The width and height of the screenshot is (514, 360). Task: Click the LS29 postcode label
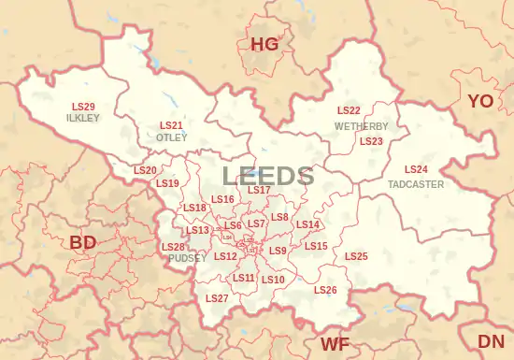pyautogui.click(x=83, y=107)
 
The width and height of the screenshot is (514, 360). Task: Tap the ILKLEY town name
pyautogui.click(x=82, y=119)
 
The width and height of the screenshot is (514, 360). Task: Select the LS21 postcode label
pyautogui.click(x=171, y=125)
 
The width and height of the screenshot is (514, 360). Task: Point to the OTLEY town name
pyautogui.click(x=171, y=137)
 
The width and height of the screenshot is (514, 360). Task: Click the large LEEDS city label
pyautogui.click(x=267, y=176)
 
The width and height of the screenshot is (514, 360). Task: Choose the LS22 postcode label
pyautogui.click(x=349, y=111)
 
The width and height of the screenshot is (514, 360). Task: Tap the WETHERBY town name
pyautogui.click(x=361, y=125)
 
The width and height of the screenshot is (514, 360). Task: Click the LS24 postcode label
pyautogui.click(x=416, y=169)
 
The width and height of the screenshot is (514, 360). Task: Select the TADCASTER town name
pyautogui.click(x=416, y=184)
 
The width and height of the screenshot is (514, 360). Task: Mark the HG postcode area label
pyautogui.click(x=264, y=43)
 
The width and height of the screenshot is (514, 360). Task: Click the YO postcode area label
pyautogui.click(x=480, y=100)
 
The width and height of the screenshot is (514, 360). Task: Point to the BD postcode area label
pyautogui.click(x=83, y=242)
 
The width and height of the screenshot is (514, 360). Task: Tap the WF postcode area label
pyautogui.click(x=336, y=343)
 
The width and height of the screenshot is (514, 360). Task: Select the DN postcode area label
pyautogui.click(x=491, y=341)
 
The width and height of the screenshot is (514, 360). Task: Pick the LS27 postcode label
pyautogui.click(x=217, y=298)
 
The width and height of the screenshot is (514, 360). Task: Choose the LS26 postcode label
pyautogui.click(x=325, y=291)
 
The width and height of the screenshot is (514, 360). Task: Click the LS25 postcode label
pyautogui.click(x=356, y=256)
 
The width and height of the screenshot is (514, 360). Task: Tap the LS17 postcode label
pyautogui.click(x=259, y=190)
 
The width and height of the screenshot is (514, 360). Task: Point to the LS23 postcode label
pyautogui.click(x=371, y=141)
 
